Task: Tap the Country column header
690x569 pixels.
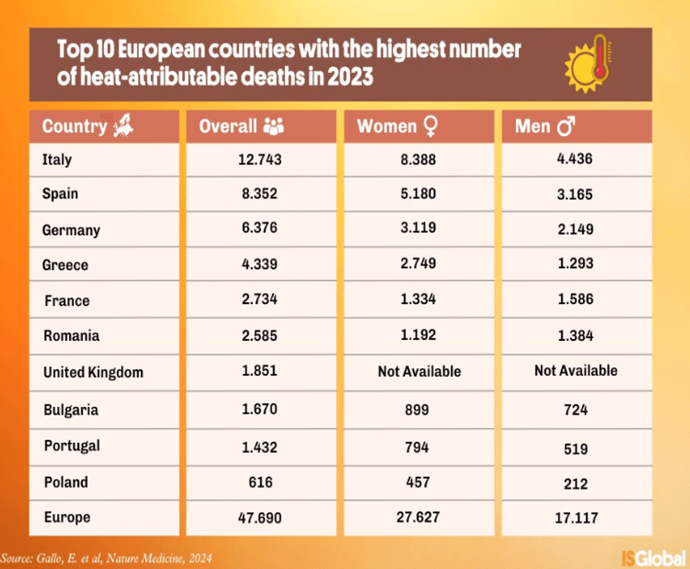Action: point(75,127)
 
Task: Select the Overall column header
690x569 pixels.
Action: point(228,127)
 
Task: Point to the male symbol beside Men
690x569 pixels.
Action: point(565,127)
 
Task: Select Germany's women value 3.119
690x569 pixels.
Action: point(419,229)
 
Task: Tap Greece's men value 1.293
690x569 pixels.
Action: point(575,263)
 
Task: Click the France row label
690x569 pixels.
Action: point(67,301)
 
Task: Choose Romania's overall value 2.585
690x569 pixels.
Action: point(258,335)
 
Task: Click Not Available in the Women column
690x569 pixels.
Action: point(419,371)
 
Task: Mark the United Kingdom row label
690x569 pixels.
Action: point(93,373)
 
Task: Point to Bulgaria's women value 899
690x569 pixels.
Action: point(418,409)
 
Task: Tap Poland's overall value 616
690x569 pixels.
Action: point(259,482)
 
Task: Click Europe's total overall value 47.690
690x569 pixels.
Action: point(258,518)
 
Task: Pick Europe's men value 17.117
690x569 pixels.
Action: point(575,518)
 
